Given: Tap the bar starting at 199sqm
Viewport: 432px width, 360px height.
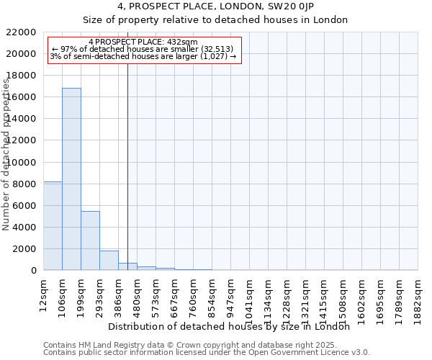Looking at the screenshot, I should click(x=90, y=240).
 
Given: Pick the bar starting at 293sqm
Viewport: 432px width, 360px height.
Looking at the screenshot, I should click(x=109, y=260).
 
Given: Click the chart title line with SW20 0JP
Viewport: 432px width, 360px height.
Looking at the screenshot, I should click(x=215, y=6).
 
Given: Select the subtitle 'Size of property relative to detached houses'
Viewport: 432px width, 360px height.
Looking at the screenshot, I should click(x=215, y=19).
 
